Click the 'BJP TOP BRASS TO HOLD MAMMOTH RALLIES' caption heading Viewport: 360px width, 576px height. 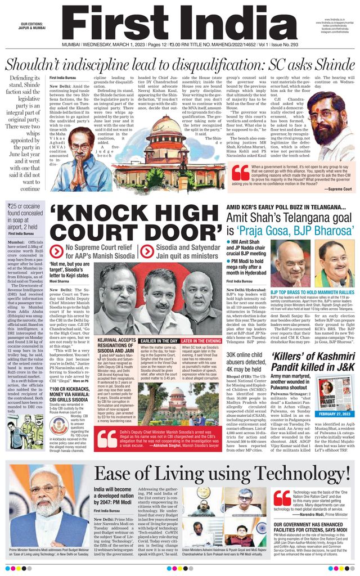312,291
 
